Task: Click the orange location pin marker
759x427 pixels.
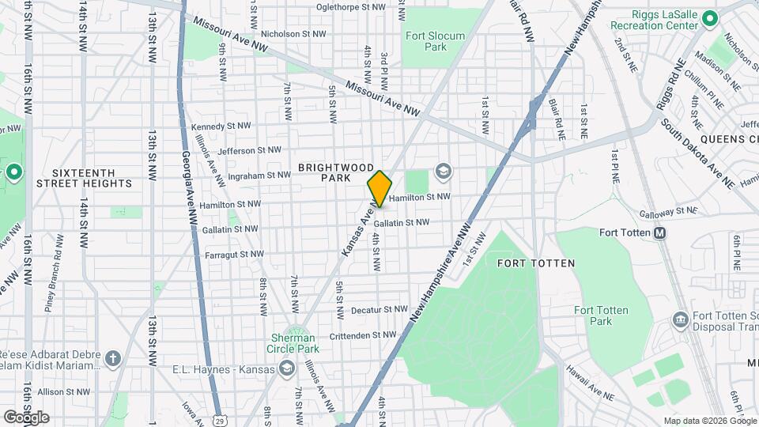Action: pyautogui.click(x=379, y=188)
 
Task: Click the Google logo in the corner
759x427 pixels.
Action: pyautogui.click(x=26, y=417)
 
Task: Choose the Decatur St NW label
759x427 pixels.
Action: pyautogui.click(x=379, y=310)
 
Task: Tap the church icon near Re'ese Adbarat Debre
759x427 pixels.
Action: pyautogui.click(x=112, y=360)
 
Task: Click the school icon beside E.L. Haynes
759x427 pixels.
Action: pyautogui.click(x=286, y=369)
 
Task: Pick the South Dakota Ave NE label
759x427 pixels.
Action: pyautogui.click(x=698, y=154)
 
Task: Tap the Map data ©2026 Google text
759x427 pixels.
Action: pyautogui.click(x=708, y=421)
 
